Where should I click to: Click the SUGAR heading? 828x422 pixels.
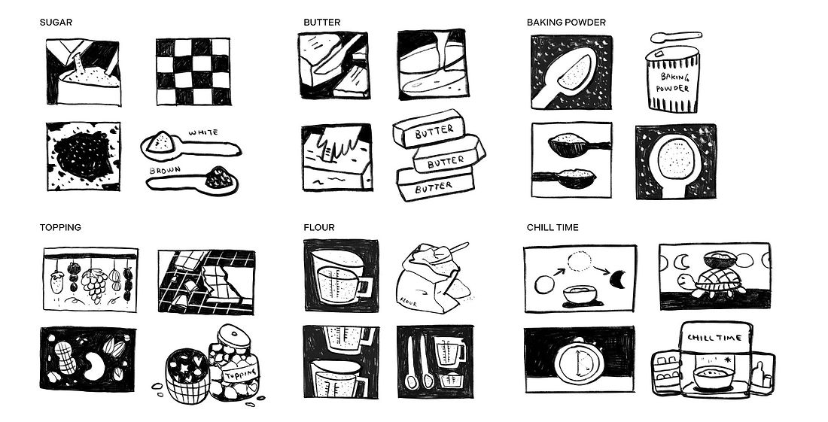(x=56, y=22)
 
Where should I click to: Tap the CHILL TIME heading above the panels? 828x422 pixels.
(x=553, y=227)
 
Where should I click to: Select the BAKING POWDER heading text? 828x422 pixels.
(x=566, y=22)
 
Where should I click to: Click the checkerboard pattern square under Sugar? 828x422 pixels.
(x=193, y=71)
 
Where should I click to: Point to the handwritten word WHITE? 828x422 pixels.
(x=203, y=132)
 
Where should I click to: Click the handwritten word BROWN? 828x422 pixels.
(x=165, y=171)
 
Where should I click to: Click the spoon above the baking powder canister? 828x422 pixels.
(x=676, y=36)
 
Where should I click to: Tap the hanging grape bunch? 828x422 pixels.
(x=95, y=284)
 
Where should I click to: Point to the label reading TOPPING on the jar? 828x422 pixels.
(x=240, y=375)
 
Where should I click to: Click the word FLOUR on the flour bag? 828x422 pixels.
(x=409, y=303)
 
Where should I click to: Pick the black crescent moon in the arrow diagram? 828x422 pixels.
(x=618, y=278)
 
